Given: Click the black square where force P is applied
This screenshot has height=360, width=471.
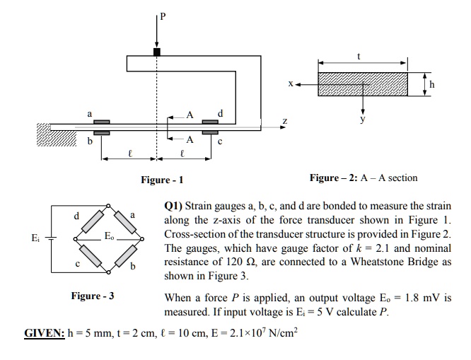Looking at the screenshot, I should coord(157,51).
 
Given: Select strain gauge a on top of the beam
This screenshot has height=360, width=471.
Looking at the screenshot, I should coord(101,122).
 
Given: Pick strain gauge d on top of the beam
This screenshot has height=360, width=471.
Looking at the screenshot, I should coord(210,122).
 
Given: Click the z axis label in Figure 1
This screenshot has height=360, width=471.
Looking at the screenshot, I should coord(285,121).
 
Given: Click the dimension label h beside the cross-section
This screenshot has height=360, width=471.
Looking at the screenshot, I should coord(433,84).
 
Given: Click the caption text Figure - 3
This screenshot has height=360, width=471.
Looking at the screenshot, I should coord(91,295).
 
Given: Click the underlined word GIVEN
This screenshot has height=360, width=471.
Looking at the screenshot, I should coord(44,332).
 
